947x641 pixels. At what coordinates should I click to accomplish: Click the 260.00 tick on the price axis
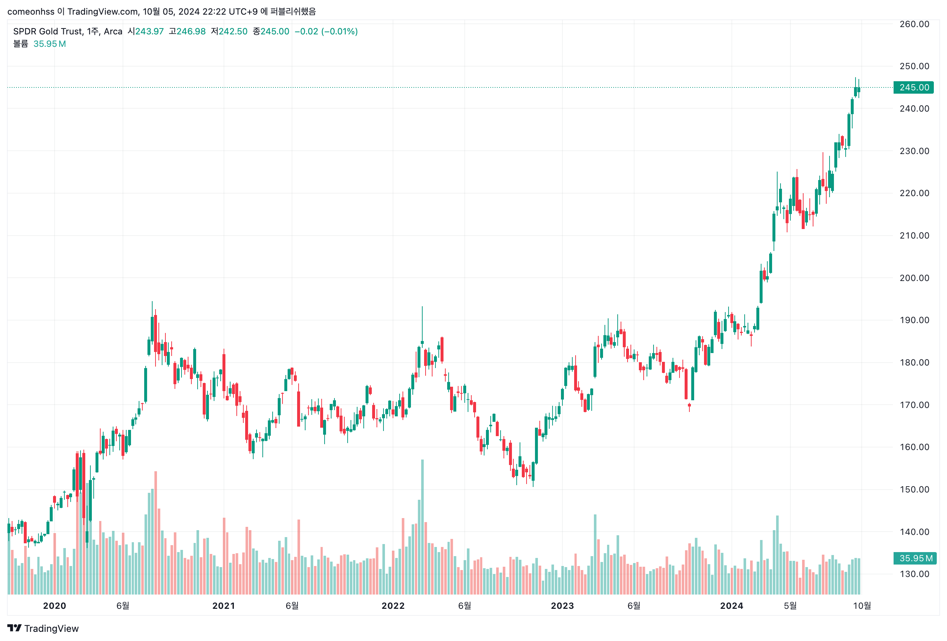click(914, 24)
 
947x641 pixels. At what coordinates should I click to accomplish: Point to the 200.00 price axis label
click(914, 278)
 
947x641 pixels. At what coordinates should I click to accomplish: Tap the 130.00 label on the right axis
click(914, 574)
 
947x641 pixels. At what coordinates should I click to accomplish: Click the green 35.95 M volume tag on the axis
click(914, 558)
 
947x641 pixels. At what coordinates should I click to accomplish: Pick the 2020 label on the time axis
click(55, 606)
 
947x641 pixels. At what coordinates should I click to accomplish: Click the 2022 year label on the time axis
click(393, 606)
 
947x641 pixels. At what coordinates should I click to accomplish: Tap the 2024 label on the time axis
click(731, 606)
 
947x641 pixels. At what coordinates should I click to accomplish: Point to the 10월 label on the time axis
click(861, 606)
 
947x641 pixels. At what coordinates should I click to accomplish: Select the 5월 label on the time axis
click(790, 606)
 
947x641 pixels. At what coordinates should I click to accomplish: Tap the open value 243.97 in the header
click(149, 31)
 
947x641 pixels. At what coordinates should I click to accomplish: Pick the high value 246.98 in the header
click(191, 31)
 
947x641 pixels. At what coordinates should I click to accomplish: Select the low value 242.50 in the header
click(233, 31)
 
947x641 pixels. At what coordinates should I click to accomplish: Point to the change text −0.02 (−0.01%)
click(326, 31)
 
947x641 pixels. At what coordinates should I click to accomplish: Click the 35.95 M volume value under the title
click(49, 44)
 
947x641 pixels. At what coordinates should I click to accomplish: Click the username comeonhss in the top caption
click(31, 11)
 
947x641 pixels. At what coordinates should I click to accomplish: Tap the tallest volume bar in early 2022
click(422, 526)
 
